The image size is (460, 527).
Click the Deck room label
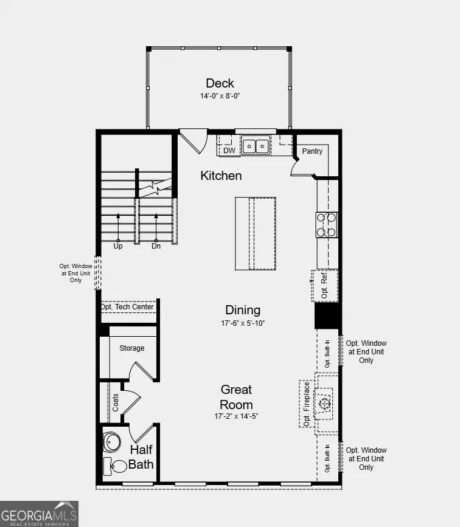(x=220, y=83)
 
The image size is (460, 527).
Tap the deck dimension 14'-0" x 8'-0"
(x=220, y=96)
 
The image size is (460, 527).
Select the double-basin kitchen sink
(x=256, y=146)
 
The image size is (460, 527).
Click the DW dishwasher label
(x=229, y=150)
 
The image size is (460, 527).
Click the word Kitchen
(x=221, y=176)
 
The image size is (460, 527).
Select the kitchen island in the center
(x=256, y=233)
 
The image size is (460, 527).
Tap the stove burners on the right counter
(x=327, y=224)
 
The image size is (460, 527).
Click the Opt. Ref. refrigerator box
(x=324, y=286)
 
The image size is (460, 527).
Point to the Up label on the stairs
(x=118, y=246)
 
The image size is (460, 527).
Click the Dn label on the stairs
(x=156, y=246)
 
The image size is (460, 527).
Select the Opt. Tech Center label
(x=127, y=307)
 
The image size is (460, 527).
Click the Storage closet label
(x=131, y=348)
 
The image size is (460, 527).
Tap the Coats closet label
(x=116, y=402)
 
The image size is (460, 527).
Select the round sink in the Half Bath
(x=112, y=441)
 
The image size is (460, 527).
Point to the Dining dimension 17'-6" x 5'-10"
(x=243, y=323)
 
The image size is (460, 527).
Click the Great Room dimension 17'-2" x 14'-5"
(x=236, y=417)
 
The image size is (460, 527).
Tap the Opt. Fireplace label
(x=307, y=404)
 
